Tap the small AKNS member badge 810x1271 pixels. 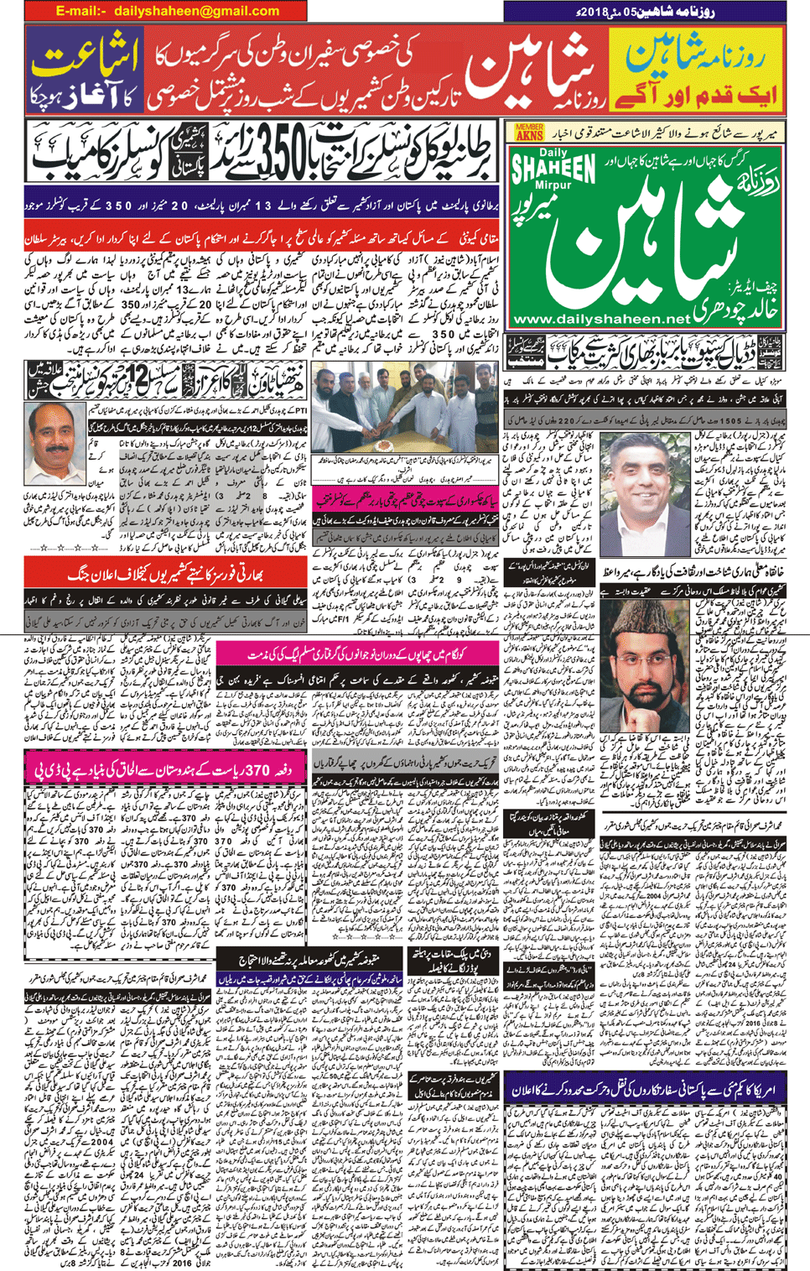pyautogui.click(x=528, y=132)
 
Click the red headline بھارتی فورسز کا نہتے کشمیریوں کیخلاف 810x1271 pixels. pyautogui.click(x=168, y=574)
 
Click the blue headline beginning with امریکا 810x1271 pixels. pyautogui.click(x=646, y=1087)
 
